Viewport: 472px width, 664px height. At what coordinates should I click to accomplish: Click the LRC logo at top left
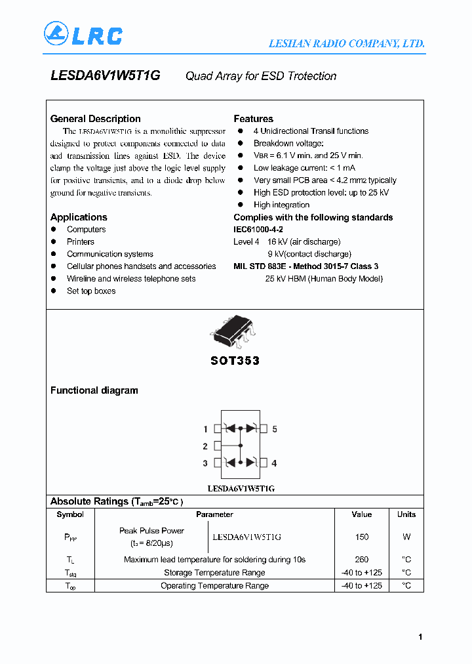83,34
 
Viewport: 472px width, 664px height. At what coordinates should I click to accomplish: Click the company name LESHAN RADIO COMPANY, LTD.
347,44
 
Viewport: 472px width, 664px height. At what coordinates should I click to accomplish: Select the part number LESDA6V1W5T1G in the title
105,75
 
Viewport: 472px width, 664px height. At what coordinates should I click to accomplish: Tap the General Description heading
96,119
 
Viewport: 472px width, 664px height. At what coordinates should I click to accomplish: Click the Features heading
253,119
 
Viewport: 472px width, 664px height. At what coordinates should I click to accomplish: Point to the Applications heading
79,217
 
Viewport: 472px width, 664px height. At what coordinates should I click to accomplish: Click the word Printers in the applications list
81,242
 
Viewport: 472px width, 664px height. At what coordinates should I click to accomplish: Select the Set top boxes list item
91,291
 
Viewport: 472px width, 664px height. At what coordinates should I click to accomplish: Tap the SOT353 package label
235,361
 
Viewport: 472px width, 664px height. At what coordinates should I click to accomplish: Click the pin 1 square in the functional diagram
218,429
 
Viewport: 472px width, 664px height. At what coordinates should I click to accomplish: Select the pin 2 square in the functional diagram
218,446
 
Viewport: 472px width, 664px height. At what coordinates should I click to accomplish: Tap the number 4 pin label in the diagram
274,463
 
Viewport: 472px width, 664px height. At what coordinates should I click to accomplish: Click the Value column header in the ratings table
361,514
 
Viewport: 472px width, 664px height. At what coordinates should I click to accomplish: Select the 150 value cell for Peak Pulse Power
361,537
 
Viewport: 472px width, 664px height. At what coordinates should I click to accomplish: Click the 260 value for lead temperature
361,560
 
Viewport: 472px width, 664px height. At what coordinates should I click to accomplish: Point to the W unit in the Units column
406,537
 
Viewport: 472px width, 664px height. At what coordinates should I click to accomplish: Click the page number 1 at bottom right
420,637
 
